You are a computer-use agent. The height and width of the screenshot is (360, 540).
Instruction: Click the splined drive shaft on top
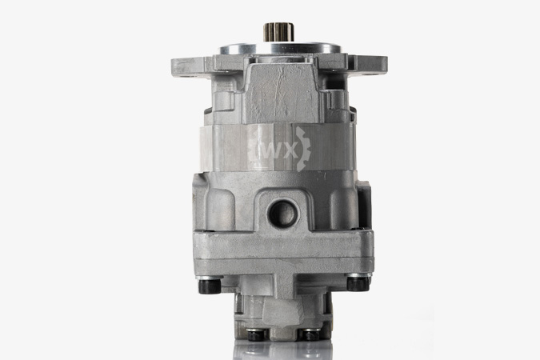coord(278,32)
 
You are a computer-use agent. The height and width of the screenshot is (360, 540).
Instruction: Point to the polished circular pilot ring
coord(280,48)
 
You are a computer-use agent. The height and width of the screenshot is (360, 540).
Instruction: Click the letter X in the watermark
coord(290,150)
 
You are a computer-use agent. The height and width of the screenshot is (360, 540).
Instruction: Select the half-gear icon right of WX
coord(303,149)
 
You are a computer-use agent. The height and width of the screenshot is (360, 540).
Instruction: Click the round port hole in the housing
coord(282,214)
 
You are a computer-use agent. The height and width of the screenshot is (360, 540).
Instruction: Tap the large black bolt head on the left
coord(210,286)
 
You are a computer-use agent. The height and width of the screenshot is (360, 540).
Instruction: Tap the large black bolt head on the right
coord(358,284)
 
